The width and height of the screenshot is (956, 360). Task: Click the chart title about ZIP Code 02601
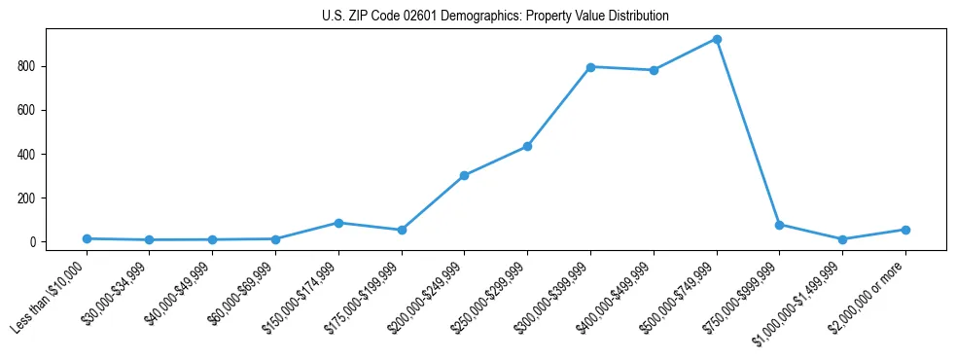click(495, 17)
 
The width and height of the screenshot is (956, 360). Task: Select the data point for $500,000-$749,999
click(717, 40)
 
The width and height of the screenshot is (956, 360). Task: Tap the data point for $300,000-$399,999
click(590, 67)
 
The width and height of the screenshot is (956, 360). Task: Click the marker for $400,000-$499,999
click(654, 70)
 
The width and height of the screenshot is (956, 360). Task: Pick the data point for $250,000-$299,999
click(527, 147)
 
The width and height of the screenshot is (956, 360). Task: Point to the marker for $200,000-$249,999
click(464, 176)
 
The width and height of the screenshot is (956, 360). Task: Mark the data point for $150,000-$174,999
click(338, 223)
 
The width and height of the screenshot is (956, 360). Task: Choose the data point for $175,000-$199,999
click(402, 231)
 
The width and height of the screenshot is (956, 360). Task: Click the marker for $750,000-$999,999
click(779, 225)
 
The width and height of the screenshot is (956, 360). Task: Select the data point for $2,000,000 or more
click(905, 230)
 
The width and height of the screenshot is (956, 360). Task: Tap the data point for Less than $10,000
click(87, 238)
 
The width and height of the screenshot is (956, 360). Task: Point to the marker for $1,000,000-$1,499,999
click(842, 239)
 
